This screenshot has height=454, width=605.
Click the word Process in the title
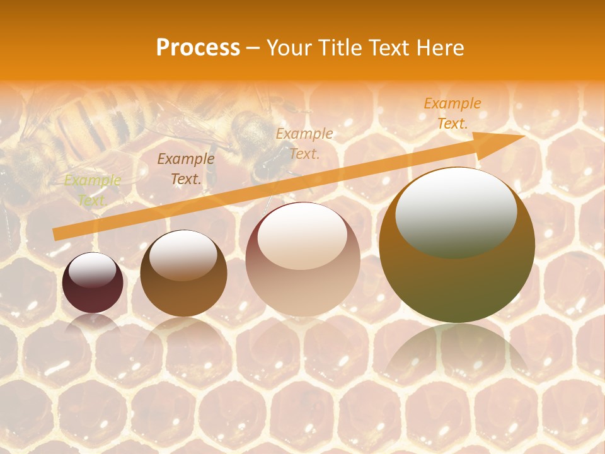pyautogui.click(x=198, y=48)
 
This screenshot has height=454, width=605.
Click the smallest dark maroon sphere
pyautogui.click(x=93, y=282)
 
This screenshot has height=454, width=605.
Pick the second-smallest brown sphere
pyautogui.click(x=183, y=273)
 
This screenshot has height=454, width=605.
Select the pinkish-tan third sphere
pyautogui.click(x=302, y=259)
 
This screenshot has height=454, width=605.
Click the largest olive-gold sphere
pyautogui.click(x=457, y=245)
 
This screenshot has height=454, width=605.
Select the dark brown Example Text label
pyautogui.click(x=185, y=169)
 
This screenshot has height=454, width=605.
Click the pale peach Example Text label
pyautogui.click(x=304, y=143)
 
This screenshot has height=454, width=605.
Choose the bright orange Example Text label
pyautogui.click(x=452, y=113)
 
